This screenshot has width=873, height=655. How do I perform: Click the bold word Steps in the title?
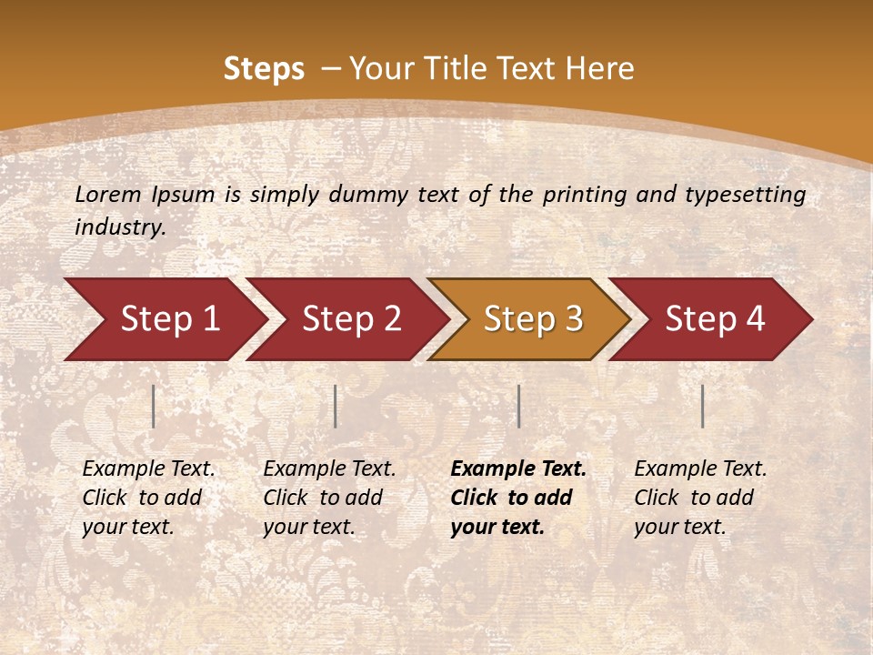(x=264, y=69)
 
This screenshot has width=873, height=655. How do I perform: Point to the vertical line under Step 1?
(x=154, y=406)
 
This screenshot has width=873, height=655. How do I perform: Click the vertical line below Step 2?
(x=336, y=406)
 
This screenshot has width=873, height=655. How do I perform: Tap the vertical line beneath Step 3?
(x=518, y=406)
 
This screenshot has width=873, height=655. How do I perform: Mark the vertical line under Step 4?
(x=703, y=406)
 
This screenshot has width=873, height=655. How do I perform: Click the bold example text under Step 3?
(x=517, y=498)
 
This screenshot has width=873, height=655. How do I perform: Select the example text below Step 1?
(x=148, y=498)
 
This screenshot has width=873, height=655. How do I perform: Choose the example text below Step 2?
(x=329, y=498)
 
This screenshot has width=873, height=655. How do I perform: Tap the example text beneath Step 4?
(x=700, y=498)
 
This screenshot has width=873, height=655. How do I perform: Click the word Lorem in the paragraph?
(x=108, y=195)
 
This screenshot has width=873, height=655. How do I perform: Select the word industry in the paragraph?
(x=119, y=227)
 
